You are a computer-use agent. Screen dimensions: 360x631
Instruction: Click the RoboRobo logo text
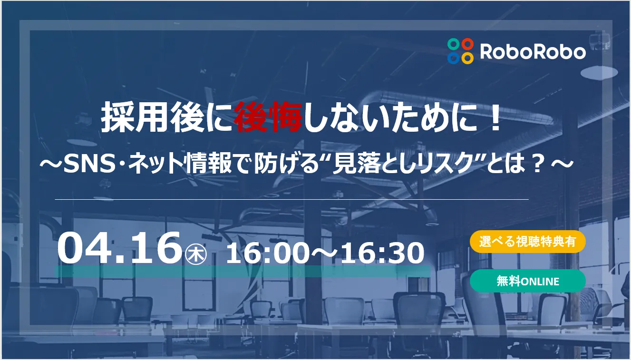click(x=533, y=51)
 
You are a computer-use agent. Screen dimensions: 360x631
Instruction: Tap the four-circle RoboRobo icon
click(x=460, y=51)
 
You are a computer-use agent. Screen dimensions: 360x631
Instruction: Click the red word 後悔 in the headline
click(x=269, y=119)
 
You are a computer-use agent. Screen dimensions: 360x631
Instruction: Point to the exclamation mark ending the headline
click(x=495, y=119)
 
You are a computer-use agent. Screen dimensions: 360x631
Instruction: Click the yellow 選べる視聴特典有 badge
click(x=527, y=242)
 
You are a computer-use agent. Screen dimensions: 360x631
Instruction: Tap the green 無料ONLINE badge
click(x=527, y=281)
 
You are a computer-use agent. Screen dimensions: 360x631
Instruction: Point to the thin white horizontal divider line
click(x=291, y=199)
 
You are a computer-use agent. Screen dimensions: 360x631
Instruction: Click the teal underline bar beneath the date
click(x=243, y=271)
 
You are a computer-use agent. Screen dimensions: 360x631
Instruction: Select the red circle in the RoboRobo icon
click(x=468, y=44)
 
